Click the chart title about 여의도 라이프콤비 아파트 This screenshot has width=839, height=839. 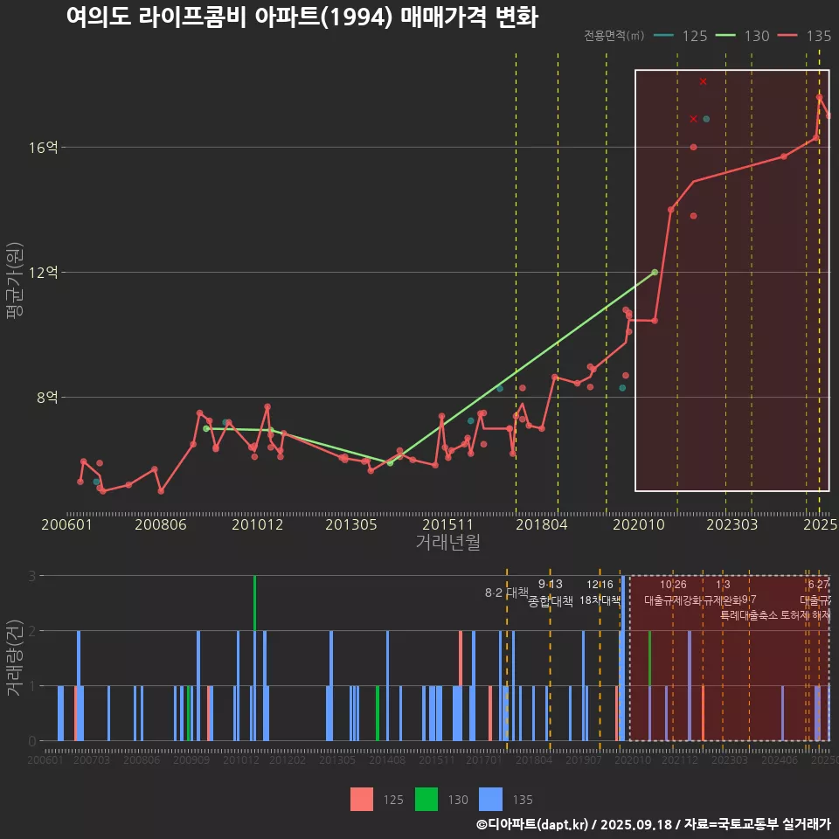click(302, 17)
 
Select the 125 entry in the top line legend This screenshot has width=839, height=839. click(694, 36)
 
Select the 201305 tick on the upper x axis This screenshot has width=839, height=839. click(350, 525)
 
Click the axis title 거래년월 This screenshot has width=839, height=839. click(447, 543)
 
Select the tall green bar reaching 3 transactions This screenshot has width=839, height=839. click(254, 602)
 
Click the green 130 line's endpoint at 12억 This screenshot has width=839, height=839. click(655, 273)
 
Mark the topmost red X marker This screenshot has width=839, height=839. click(703, 81)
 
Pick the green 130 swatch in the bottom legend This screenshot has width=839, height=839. click(426, 799)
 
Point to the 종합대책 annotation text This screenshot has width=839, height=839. click(551, 601)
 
